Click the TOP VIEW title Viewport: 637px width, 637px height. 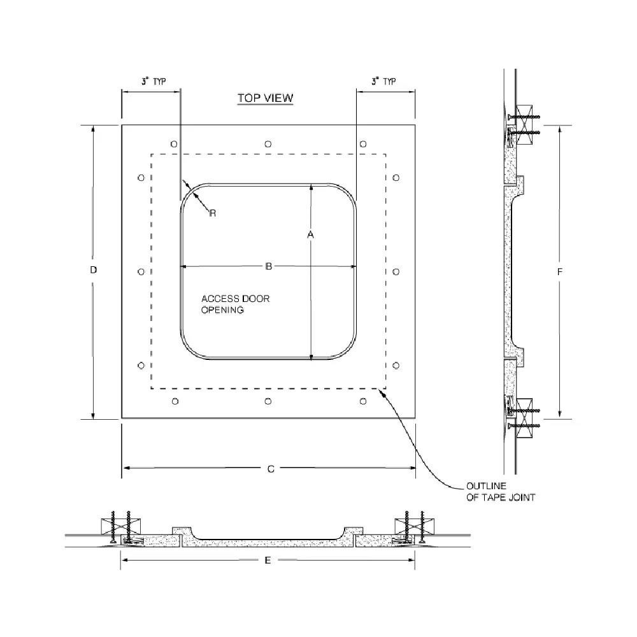coord(265,98)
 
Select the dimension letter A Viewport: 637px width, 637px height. coord(311,235)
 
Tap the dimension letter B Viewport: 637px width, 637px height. coord(268,266)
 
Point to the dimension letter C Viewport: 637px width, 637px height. coord(270,469)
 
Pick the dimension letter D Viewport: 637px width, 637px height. coord(93,270)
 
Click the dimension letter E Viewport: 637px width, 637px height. coord(268,560)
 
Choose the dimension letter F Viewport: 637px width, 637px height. coord(560,271)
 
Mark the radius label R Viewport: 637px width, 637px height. coord(213,213)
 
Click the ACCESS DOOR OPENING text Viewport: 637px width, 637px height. coord(235,304)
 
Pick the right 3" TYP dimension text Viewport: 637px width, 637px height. coord(383,82)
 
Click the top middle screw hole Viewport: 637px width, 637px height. coord(268,144)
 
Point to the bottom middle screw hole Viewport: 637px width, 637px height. coord(268,401)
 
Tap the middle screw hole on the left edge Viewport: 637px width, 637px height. coord(141,272)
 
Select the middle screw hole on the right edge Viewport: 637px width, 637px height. coord(396,272)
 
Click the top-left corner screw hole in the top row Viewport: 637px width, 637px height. coord(175,144)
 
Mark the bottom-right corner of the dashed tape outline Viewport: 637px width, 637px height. coord(385,388)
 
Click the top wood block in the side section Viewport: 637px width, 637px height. coord(526,117)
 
